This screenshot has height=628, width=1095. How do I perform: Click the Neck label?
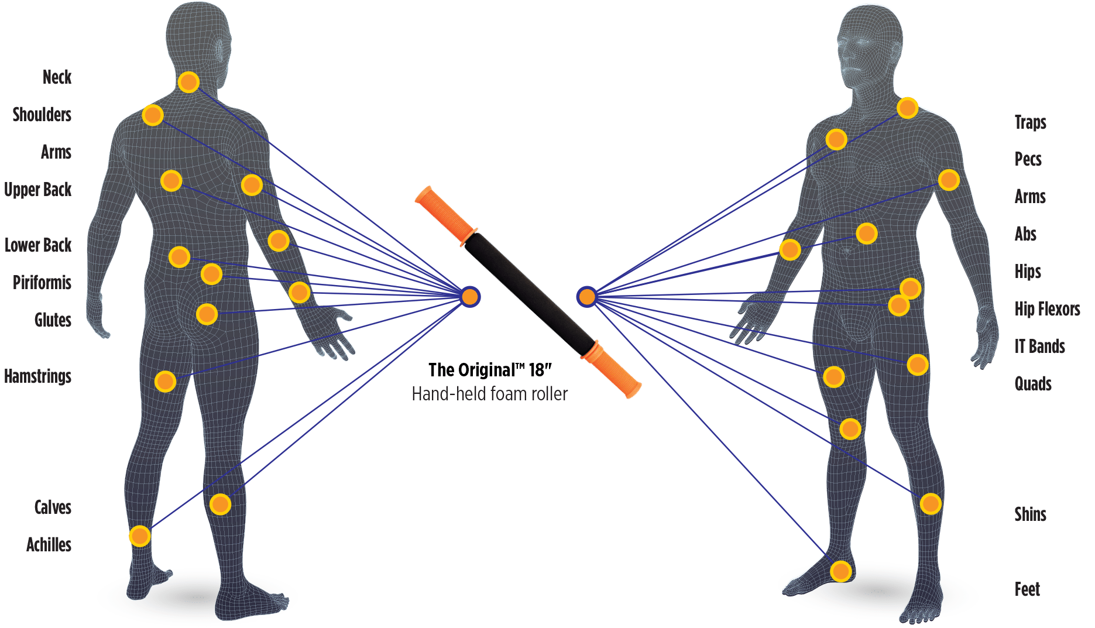pyautogui.click(x=57, y=77)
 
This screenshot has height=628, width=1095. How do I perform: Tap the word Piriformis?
pyautogui.click(x=42, y=283)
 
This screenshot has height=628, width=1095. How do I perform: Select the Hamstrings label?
pyautogui.click(x=38, y=376)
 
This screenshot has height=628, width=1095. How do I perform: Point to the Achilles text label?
pyautogui.click(x=49, y=545)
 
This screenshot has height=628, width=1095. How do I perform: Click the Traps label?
pyautogui.click(x=1030, y=122)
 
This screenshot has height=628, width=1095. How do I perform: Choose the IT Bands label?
pyautogui.click(x=1039, y=346)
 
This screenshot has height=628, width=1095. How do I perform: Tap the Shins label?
pyautogui.click(x=1030, y=514)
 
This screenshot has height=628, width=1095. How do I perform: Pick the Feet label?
pyautogui.click(x=1027, y=589)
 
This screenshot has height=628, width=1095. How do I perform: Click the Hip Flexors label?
pyautogui.click(x=1047, y=309)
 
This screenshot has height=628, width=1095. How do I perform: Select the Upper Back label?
pyautogui.click(x=38, y=190)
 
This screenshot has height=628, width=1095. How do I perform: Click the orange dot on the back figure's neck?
pyautogui.click(x=188, y=82)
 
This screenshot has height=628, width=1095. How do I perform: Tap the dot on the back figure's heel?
pyautogui.click(x=140, y=536)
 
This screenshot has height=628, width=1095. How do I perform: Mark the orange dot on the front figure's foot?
pyautogui.click(x=840, y=571)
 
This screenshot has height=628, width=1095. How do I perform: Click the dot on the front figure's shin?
pyautogui.click(x=931, y=503)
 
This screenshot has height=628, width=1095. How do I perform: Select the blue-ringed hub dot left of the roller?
pyautogui.click(x=469, y=297)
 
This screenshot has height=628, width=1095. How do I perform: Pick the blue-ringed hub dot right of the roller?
pyautogui.click(x=586, y=297)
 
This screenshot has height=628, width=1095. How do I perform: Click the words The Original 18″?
pyautogui.click(x=490, y=370)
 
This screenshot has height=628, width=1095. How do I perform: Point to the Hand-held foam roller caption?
pyautogui.click(x=490, y=394)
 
